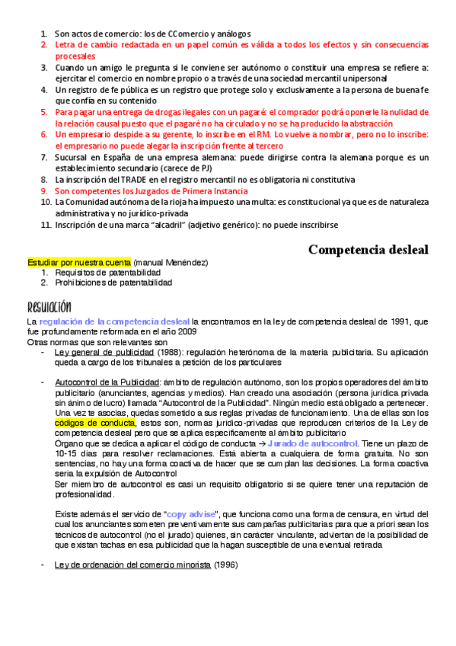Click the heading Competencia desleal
(368, 249)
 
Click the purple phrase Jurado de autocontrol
(312, 443)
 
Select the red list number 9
(45, 190)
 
